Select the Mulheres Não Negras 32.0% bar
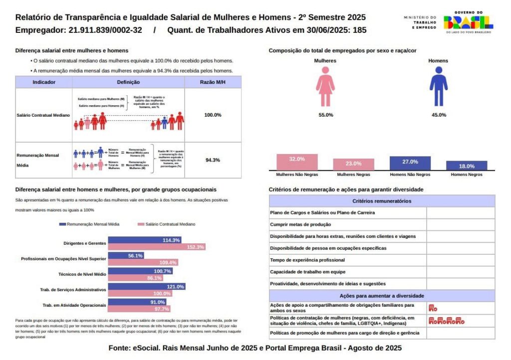297,163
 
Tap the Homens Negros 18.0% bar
467,166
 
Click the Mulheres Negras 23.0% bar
353,165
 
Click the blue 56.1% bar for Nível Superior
126,256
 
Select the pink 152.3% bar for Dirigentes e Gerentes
157,247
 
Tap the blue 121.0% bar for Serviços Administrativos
147,287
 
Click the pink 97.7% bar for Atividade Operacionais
140,309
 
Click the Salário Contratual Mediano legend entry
167,224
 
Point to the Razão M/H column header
213,82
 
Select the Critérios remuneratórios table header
382,201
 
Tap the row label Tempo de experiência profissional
310,260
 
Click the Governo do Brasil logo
468,22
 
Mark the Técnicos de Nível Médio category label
82,274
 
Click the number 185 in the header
359,30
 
